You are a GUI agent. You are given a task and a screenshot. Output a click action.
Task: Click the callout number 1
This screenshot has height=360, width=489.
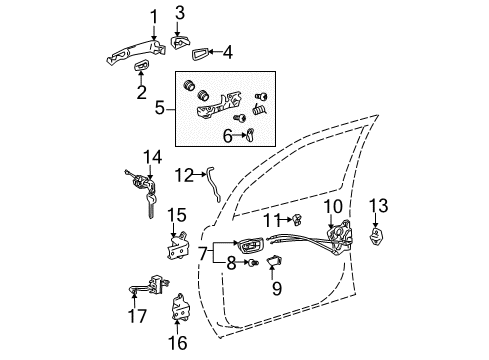(x=153, y=15)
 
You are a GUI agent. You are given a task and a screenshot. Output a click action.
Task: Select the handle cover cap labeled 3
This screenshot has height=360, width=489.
(x=180, y=41)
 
